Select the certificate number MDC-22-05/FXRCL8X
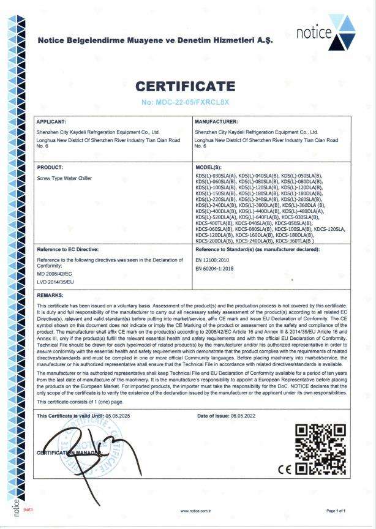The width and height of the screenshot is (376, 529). (x=187, y=101)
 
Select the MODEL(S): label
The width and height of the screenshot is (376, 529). (x=211, y=166)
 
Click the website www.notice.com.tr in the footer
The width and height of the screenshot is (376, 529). (x=196, y=511)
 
